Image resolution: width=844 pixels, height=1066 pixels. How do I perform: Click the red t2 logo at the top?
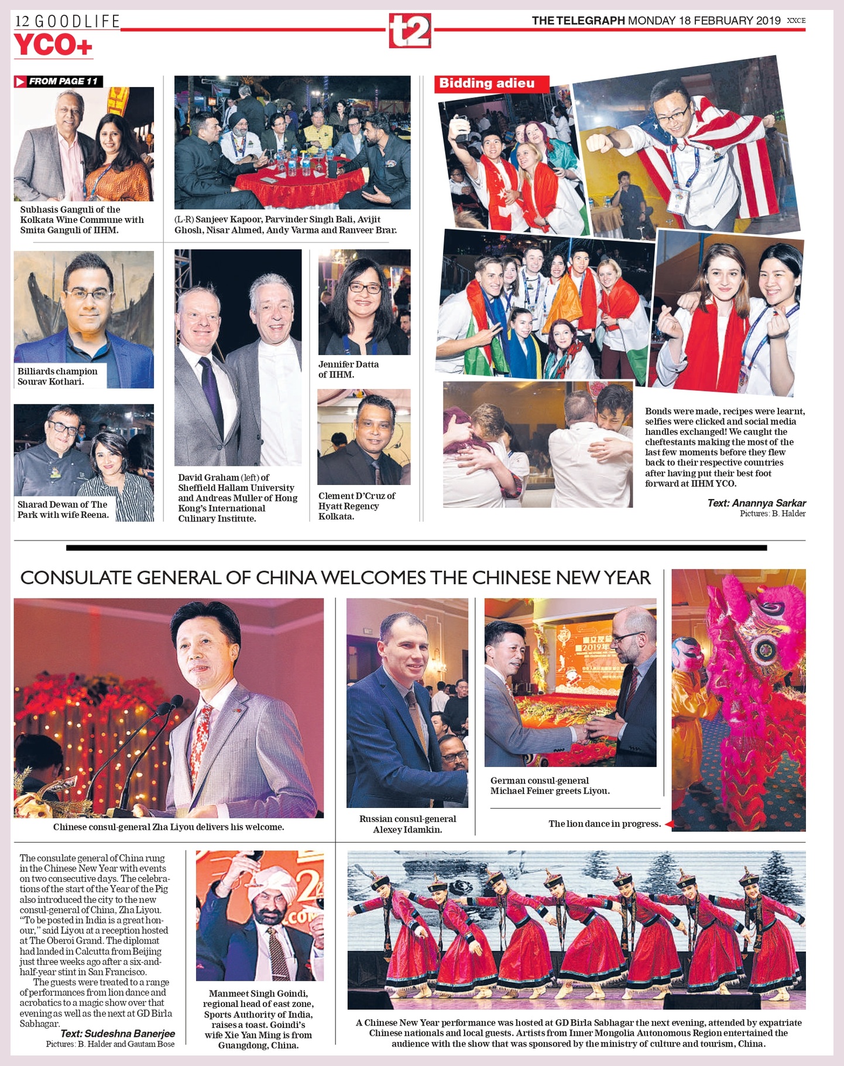click(x=410, y=31)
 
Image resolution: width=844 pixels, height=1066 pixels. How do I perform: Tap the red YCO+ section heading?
click(x=53, y=46)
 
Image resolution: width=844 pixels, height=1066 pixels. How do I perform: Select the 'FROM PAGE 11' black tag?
click(x=59, y=81)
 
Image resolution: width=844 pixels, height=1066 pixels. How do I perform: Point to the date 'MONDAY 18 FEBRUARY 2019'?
click(x=704, y=21)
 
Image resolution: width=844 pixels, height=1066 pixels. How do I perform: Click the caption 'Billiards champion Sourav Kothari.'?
click(x=57, y=376)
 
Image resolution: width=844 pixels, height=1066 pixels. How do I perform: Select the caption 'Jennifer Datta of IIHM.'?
click(x=348, y=369)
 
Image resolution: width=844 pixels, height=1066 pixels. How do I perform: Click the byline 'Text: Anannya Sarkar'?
click(x=756, y=503)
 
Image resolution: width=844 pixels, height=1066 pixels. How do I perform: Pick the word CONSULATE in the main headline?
click(x=76, y=578)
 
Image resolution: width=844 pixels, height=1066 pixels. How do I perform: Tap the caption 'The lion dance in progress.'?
click(x=604, y=824)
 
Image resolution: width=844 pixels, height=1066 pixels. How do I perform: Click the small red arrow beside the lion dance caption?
click(x=668, y=824)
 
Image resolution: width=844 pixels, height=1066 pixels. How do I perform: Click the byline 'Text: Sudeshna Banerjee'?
click(x=118, y=1034)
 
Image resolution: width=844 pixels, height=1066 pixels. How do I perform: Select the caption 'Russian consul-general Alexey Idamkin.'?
click(x=407, y=824)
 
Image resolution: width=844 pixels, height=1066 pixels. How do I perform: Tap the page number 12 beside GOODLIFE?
click(x=22, y=22)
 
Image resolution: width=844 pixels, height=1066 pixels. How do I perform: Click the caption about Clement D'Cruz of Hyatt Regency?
click(x=356, y=506)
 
